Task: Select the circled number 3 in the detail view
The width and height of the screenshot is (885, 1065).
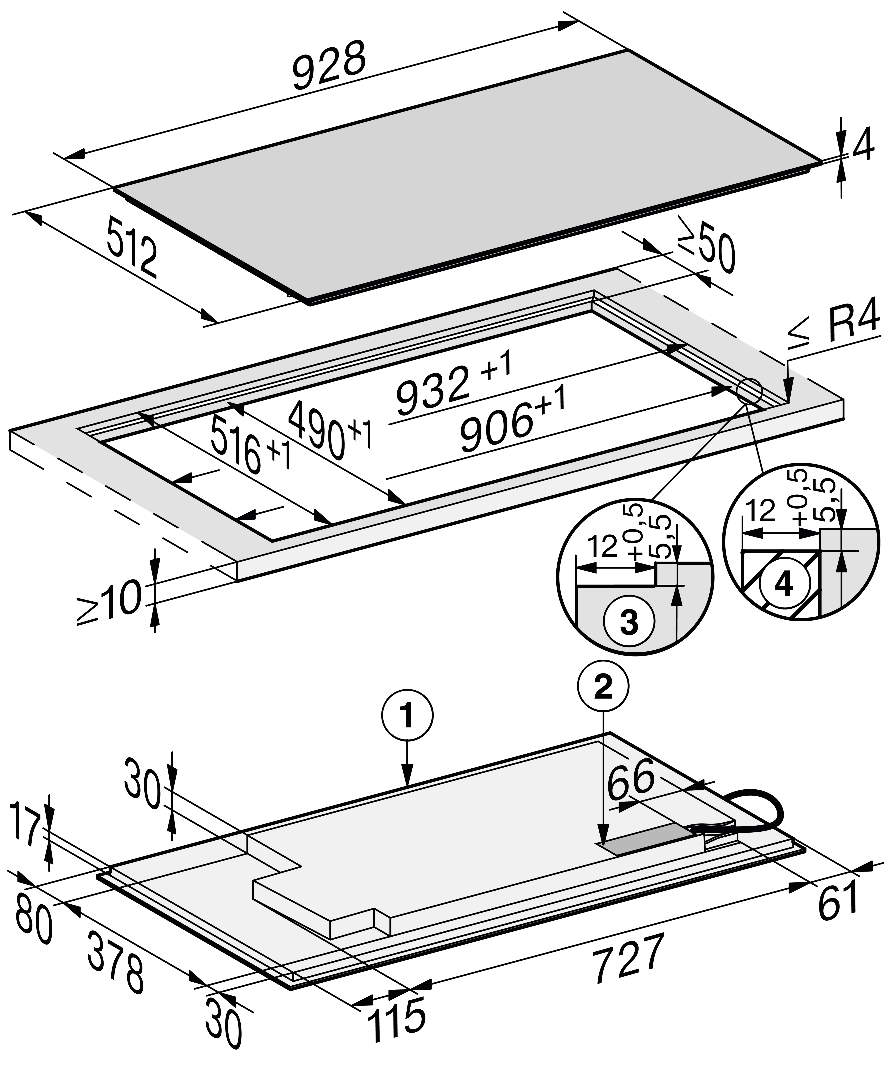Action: click(629, 623)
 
